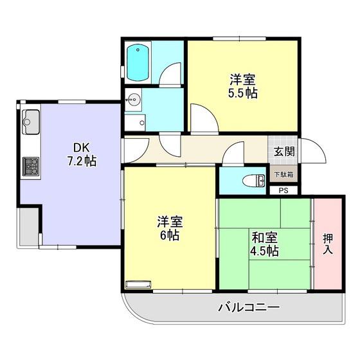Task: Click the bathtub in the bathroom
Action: click(138, 63)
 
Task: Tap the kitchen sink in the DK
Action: click(31, 122)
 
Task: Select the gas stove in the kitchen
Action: click(31, 166)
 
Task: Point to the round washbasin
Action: click(133, 100)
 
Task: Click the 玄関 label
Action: click(284, 152)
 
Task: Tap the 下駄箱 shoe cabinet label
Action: click(284, 174)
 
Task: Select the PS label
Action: click(283, 190)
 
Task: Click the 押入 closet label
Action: click(328, 244)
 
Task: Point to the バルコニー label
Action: click(249, 307)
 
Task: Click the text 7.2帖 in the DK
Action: click(82, 161)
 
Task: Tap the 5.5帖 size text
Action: click(243, 93)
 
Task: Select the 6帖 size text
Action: click(170, 235)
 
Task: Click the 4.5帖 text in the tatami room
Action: click(264, 251)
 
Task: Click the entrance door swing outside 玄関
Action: click(314, 151)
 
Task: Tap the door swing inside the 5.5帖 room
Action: click(204, 118)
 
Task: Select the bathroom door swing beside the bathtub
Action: click(170, 73)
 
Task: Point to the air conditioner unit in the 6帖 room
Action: click(138, 284)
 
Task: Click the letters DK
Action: click(81, 148)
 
